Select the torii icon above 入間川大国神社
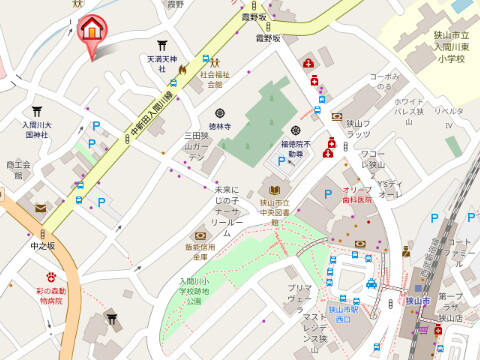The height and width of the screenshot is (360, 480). point(36,111)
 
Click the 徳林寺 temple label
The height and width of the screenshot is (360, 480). point(219,126)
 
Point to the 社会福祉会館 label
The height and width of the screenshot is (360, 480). point(212,79)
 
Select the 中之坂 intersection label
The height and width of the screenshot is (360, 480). point(42,245)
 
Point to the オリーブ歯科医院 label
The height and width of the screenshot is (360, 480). point(356,194)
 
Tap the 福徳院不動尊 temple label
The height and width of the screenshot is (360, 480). point(295,149)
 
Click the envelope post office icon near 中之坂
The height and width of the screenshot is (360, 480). point(40,208)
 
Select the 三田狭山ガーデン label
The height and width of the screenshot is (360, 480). point(195,146)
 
